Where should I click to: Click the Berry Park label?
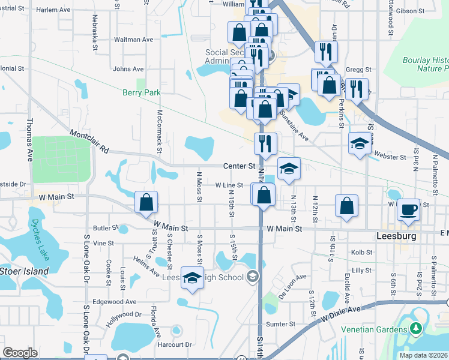142,92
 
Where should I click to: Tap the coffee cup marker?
409,209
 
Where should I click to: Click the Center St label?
239,166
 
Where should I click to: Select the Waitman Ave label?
133,40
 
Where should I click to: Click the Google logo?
20,352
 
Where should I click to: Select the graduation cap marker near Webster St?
360,143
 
